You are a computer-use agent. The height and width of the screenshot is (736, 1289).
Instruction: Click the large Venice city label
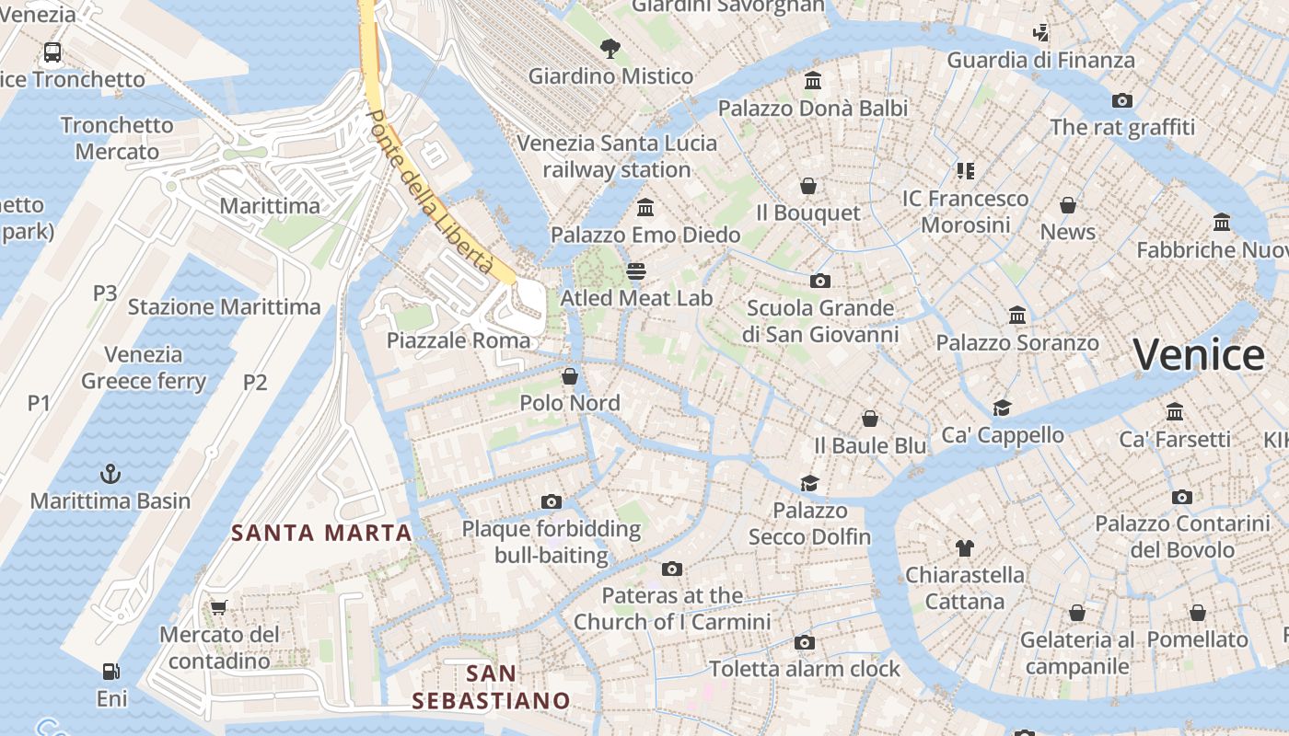pos(1199,354)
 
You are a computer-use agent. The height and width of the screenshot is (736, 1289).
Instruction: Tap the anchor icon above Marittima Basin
pos(110,475)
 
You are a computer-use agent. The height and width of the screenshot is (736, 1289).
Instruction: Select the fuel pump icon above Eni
pos(111,672)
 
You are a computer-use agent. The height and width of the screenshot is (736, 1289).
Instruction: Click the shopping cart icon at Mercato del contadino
pos(218,607)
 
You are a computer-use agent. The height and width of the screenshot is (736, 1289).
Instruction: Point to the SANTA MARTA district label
pos(321,533)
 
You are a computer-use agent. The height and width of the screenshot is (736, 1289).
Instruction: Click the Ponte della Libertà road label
pos(431,191)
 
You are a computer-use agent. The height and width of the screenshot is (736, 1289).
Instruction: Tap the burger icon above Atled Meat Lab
pos(636,270)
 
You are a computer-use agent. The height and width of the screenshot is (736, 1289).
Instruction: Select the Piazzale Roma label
pos(459,340)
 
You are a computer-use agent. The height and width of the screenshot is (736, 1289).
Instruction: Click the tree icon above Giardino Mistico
pos(610,48)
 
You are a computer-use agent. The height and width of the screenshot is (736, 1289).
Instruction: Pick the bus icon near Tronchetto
pos(52,52)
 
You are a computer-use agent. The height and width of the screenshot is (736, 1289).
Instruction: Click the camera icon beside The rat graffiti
pos(1121,100)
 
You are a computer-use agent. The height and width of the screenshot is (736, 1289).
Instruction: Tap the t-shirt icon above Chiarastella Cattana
pos(964,548)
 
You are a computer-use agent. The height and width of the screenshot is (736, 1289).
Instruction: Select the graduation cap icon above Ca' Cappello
pos(1002,408)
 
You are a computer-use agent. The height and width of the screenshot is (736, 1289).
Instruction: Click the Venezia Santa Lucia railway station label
pos(617,156)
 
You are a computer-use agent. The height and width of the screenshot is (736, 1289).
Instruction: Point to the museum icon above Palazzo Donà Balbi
pos(812,81)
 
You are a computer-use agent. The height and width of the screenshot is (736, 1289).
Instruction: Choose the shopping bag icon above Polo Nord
pos(570,375)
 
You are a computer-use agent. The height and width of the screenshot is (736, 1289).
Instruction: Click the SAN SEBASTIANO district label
pos(491,687)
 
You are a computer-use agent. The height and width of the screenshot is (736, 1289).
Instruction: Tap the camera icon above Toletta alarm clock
pos(804,642)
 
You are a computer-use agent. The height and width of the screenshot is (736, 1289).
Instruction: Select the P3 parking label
pos(105,293)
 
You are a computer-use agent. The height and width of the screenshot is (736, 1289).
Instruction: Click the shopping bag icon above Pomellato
pos(1197,612)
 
